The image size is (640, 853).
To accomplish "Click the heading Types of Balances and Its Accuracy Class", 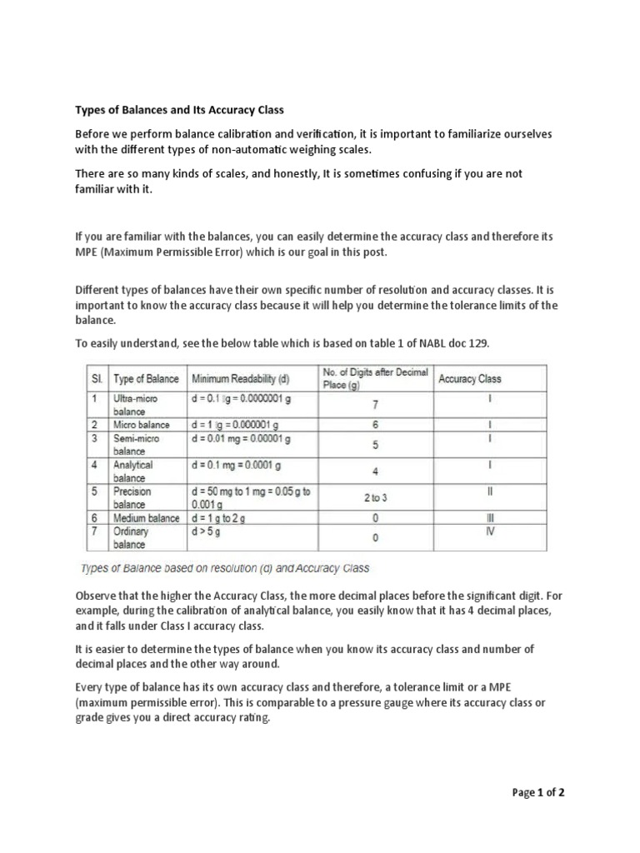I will click(x=179, y=109).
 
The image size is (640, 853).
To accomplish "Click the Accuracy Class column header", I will click(x=470, y=378).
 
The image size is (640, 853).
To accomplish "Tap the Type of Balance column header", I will click(x=146, y=378).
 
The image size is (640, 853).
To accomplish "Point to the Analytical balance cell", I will click(x=133, y=471).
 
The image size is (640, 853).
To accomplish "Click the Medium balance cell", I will click(x=147, y=518).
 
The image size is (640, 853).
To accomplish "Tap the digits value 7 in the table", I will click(x=375, y=405).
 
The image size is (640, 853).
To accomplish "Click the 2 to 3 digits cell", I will click(x=375, y=497).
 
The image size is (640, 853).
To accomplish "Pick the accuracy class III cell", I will click(x=490, y=518).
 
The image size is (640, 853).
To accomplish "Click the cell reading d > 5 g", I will click(x=209, y=531).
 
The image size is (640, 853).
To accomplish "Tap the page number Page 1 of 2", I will click(x=538, y=792).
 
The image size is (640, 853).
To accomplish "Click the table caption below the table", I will click(x=225, y=569).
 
